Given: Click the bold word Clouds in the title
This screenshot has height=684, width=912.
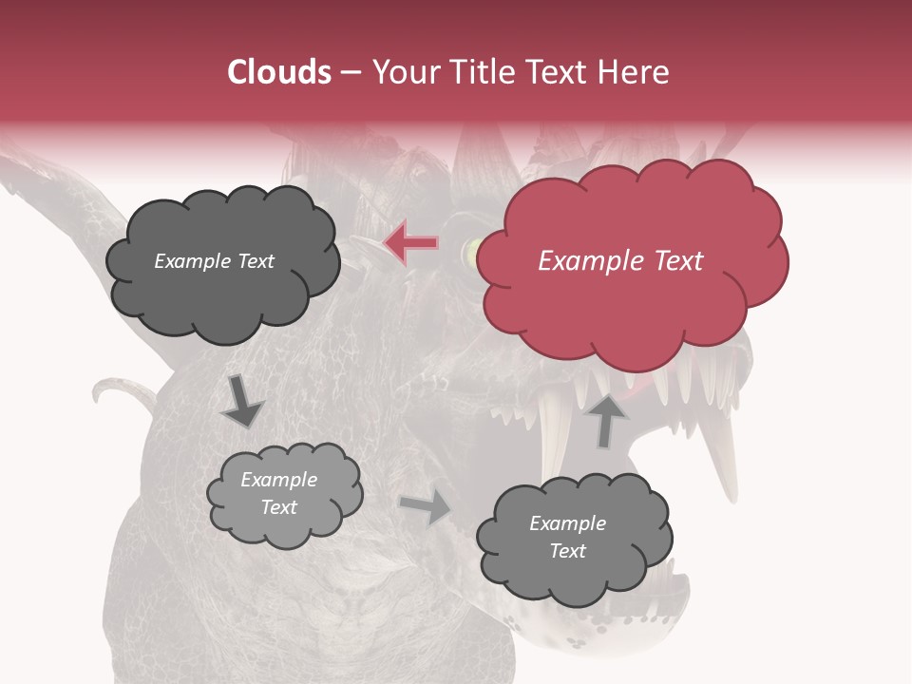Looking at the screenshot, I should click(x=279, y=72).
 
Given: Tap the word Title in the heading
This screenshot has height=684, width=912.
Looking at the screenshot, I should click(x=480, y=72).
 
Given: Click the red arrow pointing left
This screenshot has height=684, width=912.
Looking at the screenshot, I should click(x=411, y=243).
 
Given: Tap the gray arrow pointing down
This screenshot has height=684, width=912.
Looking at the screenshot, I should click(x=242, y=400).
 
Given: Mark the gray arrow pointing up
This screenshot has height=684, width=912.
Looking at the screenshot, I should click(x=607, y=419).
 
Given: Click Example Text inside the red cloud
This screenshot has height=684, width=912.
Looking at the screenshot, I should click(x=620, y=261).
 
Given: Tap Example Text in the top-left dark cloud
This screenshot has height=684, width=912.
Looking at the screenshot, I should click(x=214, y=261).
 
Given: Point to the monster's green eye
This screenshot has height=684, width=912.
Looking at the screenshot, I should click(x=469, y=253).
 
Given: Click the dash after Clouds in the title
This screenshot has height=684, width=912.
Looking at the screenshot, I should click(x=351, y=73).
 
